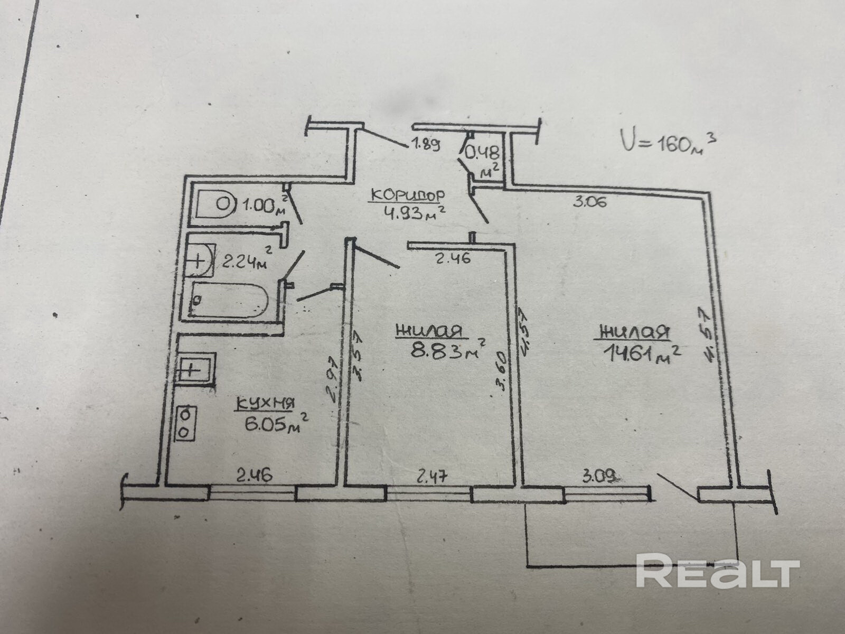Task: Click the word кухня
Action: tap(265, 404)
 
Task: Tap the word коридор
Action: tap(406, 195)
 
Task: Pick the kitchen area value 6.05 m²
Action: tap(275, 423)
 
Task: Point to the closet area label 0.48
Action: tap(482, 154)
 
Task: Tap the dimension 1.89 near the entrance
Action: tap(425, 145)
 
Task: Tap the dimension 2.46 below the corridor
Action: tap(453, 259)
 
